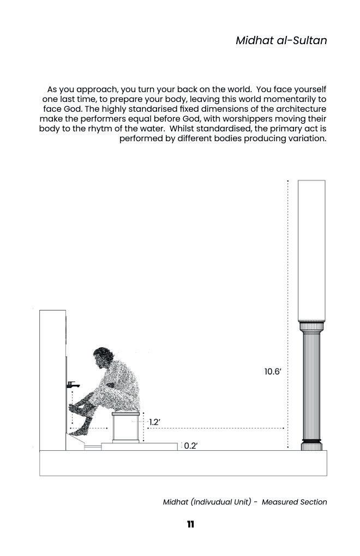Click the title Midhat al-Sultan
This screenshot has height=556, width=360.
pos(281,40)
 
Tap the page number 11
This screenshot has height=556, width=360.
pos(190,524)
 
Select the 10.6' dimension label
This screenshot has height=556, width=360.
pos(273,372)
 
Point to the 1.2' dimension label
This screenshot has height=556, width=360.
pos(154,422)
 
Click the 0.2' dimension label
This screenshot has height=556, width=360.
pos(190,446)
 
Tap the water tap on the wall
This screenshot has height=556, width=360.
pos(71,385)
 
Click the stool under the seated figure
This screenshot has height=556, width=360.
pos(125,427)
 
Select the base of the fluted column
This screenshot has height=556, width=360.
pos(311,444)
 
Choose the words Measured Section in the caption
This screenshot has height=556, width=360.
pos(294,502)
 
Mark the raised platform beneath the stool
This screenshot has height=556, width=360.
pos(139,446)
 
